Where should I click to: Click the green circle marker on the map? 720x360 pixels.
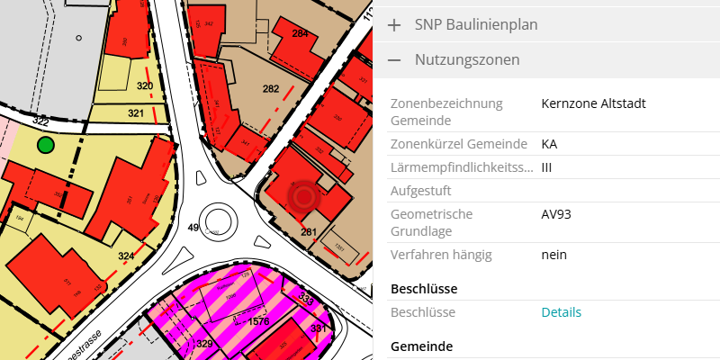46,145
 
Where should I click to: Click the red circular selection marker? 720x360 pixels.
303,196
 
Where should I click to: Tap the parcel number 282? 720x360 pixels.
271,89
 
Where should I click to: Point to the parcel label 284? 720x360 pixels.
300,34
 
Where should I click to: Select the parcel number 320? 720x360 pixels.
144,85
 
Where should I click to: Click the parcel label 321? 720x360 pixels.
136,113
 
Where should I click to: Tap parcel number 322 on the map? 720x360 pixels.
40,120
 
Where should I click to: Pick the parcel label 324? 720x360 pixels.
126,256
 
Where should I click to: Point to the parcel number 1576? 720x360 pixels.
259,321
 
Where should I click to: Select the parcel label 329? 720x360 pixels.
205,345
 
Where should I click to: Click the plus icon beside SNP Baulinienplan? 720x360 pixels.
394,25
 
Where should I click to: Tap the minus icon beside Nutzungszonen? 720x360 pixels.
394,60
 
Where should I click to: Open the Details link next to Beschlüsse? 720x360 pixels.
561,312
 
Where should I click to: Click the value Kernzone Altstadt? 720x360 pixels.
593,103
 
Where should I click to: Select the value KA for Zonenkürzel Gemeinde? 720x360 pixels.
549,144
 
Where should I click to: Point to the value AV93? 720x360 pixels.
556,214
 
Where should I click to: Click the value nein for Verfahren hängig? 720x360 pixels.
553,255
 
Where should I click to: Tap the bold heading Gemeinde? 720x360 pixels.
421,346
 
